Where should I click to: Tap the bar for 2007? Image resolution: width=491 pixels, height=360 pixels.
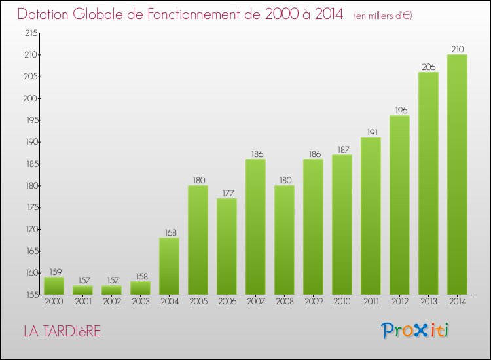click(x=255, y=226)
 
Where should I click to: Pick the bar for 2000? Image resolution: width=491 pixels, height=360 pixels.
click(x=54, y=285)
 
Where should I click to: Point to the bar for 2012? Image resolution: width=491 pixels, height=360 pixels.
click(x=399, y=205)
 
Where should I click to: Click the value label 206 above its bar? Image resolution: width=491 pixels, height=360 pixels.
click(x=428, y=67)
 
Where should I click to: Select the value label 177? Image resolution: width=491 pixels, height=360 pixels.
click(x=227, y=193)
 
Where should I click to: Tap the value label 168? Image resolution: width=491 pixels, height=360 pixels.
click(x=169, y=232)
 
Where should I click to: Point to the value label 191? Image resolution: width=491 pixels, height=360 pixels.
click(x=371, y=132)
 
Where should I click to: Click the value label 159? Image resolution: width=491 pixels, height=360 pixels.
click(x=54, y=272)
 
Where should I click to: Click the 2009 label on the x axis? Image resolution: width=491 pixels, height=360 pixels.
click(x=313, y=302)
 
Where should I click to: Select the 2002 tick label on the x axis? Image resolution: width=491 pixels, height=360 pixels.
click(x=111, y=302)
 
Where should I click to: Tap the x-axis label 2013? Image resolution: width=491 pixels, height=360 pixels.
click(x=428, y=302)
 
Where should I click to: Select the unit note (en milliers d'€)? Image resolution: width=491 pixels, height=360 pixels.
click(x=383, y=15)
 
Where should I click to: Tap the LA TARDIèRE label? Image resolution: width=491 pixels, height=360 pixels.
click(x=62, y=332)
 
